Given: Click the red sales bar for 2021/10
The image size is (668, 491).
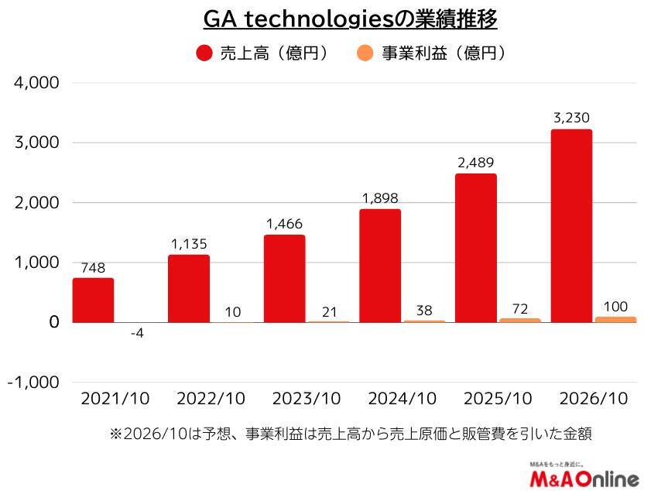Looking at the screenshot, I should [x=94, y=300].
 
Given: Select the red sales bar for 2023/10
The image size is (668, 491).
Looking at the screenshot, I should [x=285, y=279].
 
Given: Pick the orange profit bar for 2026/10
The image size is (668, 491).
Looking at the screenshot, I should [x=615, y=319].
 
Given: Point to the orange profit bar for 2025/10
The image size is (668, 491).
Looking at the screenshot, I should [x=520, y=320].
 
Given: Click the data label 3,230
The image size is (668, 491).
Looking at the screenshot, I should [x=572, y=118].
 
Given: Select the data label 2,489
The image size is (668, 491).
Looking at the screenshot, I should [x=476, y=163].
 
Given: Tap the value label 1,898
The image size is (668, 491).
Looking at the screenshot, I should [x=381, y=198].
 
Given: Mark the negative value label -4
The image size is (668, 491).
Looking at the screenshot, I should [x=137, y=334].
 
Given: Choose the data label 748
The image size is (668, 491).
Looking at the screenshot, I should [x=94, y=267].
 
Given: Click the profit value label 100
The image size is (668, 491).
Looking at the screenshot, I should [x=615, y=306].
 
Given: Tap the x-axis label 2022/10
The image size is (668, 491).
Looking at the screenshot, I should [x=211, y=399].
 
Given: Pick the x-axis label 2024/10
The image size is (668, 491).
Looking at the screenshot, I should [x=402, y=399].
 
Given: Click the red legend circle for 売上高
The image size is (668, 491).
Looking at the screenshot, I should [x=204, y=53].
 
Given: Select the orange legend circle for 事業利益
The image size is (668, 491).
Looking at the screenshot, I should [x=365, y=53].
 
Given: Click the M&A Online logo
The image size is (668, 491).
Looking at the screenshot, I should [x=584, y=476].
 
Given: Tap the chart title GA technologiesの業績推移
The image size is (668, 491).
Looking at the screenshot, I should [x=350, y=19].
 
